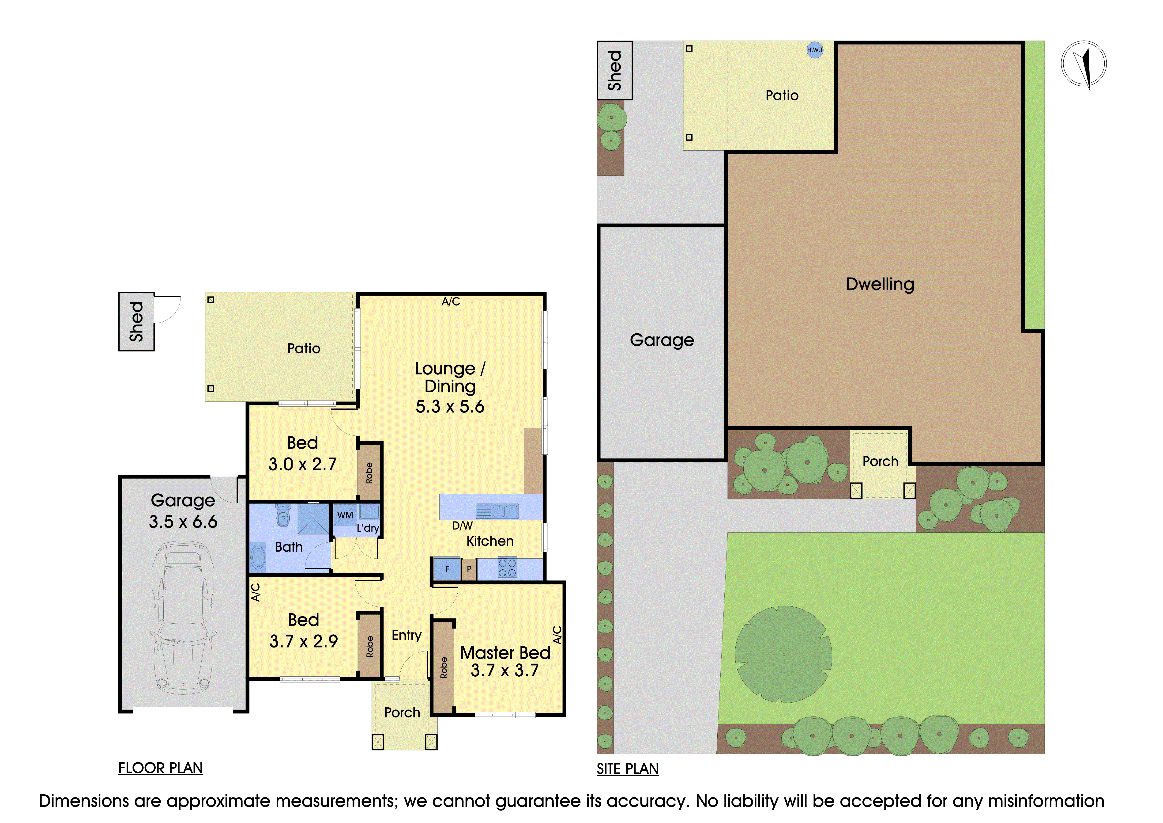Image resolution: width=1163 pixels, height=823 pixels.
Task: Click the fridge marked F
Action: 447,569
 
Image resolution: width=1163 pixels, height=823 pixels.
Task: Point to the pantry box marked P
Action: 469,569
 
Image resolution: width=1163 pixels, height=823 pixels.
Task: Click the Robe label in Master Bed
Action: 444,667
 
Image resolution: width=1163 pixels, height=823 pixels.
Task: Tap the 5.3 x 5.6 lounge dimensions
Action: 450,406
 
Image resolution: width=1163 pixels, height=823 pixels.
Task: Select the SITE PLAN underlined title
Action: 628,769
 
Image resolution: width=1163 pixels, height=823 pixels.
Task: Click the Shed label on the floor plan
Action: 136,321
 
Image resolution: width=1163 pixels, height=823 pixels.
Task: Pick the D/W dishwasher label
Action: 462,526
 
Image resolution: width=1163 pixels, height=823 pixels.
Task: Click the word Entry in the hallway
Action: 406,636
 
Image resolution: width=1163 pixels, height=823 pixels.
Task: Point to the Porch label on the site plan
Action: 880,462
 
